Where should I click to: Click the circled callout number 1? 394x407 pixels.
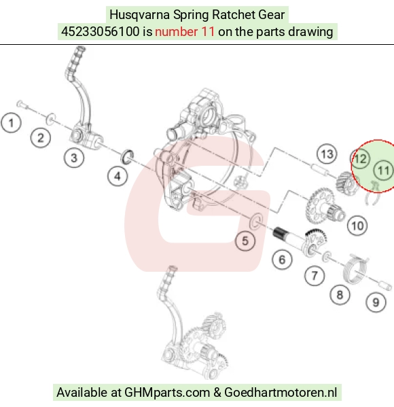[x=11, y=122]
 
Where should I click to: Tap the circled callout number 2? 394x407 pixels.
[x=41, y=137]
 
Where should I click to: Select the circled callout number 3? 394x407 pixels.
[x=74, y=158]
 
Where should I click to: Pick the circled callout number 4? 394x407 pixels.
[x=118, y=176]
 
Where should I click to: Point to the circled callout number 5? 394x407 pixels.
[x=245, y=241]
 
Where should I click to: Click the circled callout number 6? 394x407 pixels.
[x=282, y=260]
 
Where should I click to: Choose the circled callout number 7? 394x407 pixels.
[x=315, y=275]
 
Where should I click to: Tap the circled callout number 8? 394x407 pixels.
[x=340, y=295]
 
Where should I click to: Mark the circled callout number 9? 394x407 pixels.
[x=376, y=302]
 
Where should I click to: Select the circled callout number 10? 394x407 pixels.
[x=357, y=226]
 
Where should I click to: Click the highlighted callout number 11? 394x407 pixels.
[x=384, y=171]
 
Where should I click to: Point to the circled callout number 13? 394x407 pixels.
[x=327, y=154]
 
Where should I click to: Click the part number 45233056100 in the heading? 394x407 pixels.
[x=100, y=32]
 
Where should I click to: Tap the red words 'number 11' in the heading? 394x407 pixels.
[x=185, y=32]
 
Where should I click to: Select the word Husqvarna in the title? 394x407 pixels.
[x=140, y=15]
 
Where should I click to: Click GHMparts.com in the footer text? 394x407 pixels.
[x=167, y=392]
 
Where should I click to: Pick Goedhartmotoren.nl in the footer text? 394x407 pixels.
[x=281, y=392]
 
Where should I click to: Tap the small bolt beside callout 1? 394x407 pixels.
[x=23, y=105]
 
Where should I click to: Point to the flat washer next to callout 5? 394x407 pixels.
[x=256, y=222]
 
